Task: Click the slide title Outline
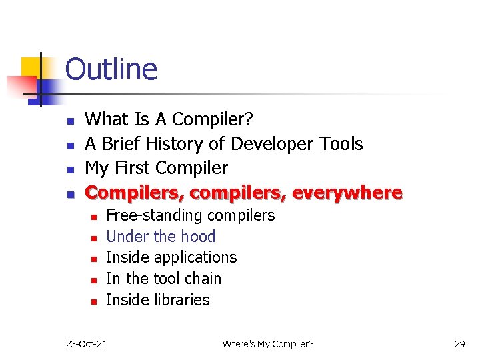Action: tap(111, 69)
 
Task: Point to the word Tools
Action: tap(340, 144)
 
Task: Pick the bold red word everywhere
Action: tap(347, 193)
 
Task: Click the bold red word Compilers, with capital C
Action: tap(135, 193)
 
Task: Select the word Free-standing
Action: tap(155, 215)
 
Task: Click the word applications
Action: tap(195, 258)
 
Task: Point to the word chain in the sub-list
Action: tap(202, 279)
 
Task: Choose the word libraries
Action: tap(182, 300)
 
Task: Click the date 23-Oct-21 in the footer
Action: tap(87, 344)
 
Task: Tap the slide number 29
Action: tap(459, 344)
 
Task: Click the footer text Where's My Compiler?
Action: tap(268, 344)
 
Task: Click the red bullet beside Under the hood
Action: tap(94, 238)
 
